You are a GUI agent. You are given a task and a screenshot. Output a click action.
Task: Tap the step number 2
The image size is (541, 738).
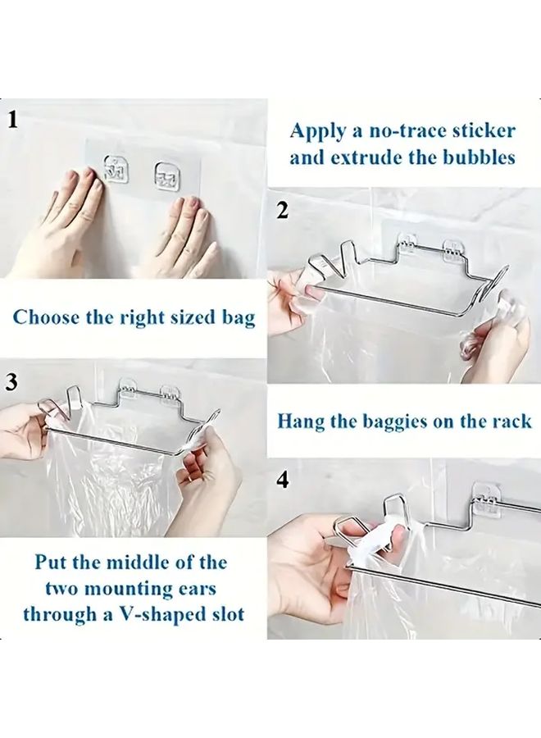[282, 211]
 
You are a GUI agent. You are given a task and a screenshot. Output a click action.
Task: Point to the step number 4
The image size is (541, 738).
[282, 480]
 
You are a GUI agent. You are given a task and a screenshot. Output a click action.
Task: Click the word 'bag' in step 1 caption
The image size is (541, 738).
[238, 317]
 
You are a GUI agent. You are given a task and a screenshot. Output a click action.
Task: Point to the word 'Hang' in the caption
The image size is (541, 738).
[301, 421]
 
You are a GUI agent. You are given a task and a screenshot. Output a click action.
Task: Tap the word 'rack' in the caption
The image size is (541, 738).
[509, 421]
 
